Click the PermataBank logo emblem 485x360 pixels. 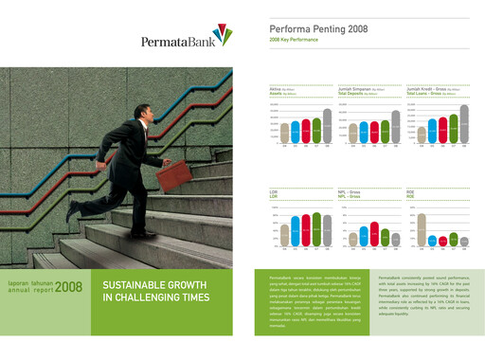[221, 36]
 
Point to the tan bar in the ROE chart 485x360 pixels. [422, 230]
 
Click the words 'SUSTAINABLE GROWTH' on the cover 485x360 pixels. [156, 284]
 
